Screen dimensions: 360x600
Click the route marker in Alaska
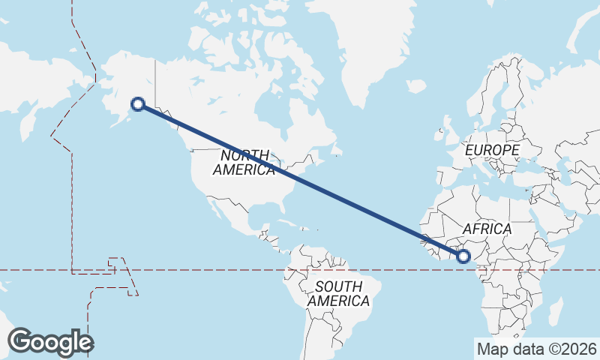(137, 104)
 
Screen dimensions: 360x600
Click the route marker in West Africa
(463, 256)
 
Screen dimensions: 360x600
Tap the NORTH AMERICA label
(244, 163)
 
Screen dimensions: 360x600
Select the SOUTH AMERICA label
(339, 293)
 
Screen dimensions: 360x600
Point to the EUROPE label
(492, 151)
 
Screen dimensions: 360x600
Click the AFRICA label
(487, 229)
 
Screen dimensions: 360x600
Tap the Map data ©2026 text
(536, 349)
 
